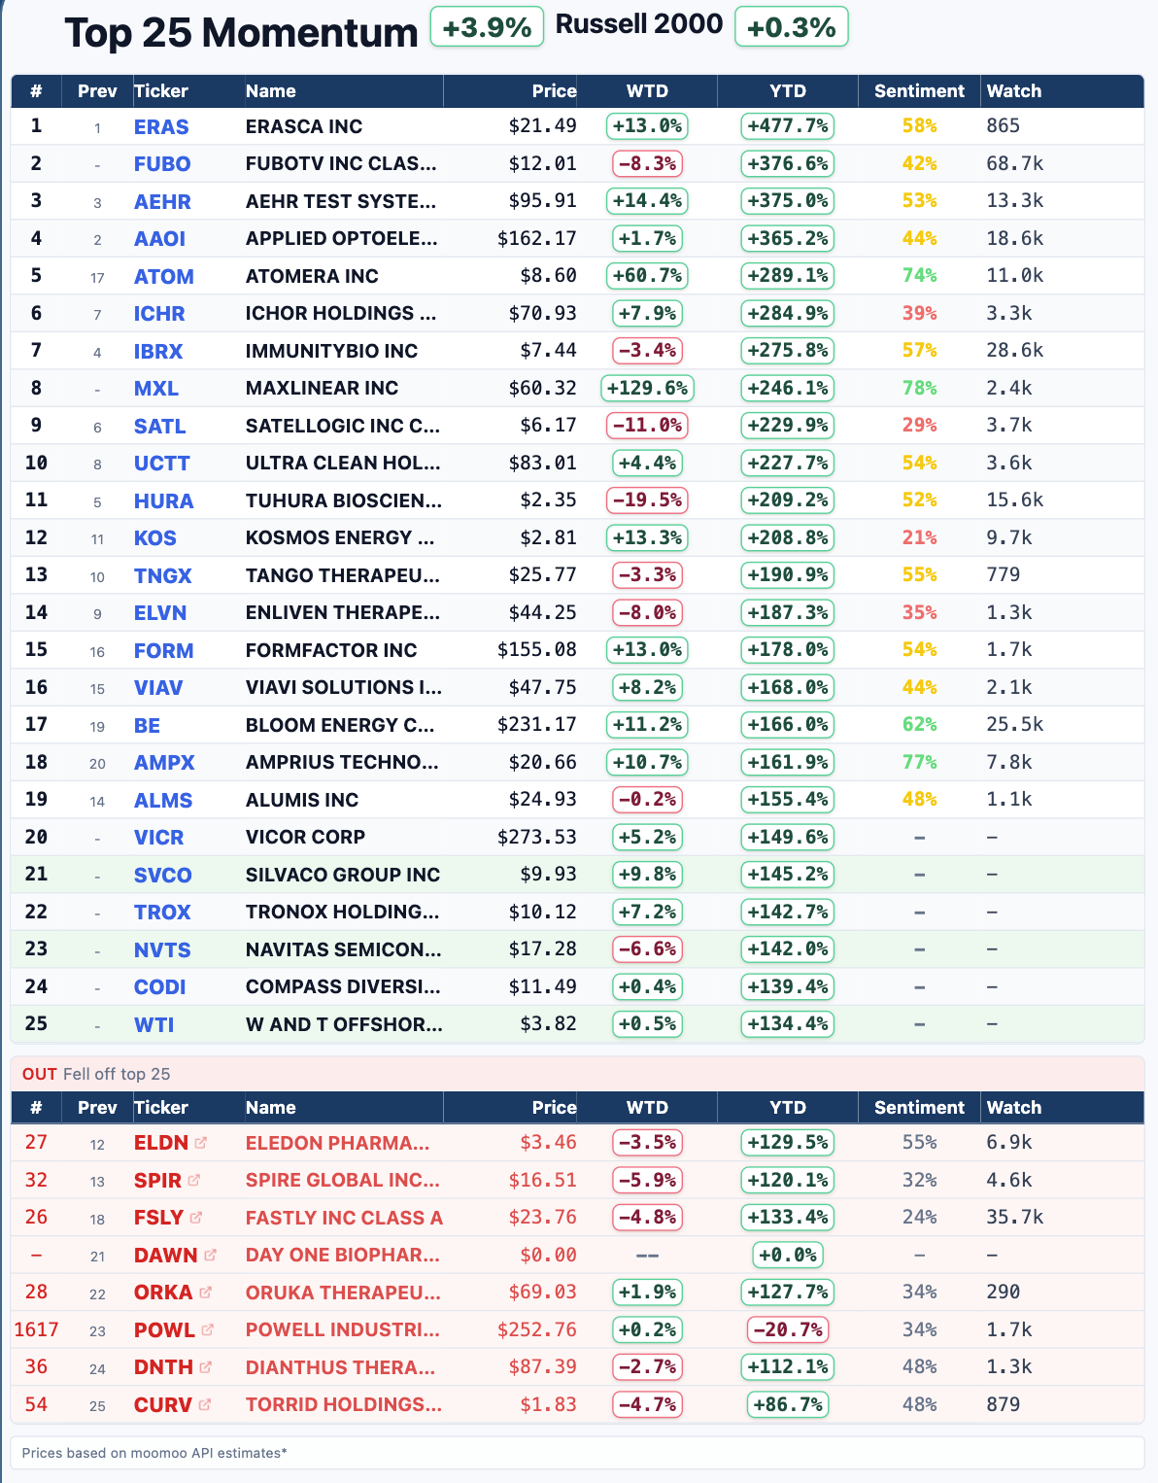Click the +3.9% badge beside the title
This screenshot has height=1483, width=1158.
(x=486, y=28)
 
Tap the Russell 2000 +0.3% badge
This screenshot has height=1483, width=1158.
(x=792, y=27)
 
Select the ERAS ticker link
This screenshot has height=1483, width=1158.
(x=161, y=127)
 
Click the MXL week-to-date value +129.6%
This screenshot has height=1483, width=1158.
(x=647, y=389)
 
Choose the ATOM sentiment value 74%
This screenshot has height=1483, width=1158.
(x=919, y=276)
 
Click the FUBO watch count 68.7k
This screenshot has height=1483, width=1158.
(x=1014, y=163)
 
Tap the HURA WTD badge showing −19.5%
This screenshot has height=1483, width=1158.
(x=647, y=500)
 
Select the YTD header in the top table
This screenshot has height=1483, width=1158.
(x=788, y=91)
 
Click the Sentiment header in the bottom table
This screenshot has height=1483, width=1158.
(x=919, y=1108)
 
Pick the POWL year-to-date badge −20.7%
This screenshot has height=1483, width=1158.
(x=787, y=1329)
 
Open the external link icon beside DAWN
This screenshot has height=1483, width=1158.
(x=210, y=1255)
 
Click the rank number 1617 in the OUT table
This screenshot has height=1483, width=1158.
(x=36, y=1329)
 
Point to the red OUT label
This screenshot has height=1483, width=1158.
(x=40, y=1074)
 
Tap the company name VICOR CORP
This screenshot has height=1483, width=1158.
(x=305, y=838)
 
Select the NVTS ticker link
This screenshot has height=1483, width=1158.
(x=162, y=950)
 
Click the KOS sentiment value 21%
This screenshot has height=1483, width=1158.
(x=919, y=538)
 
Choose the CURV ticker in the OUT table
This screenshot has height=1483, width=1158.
(x=162, y=1405)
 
